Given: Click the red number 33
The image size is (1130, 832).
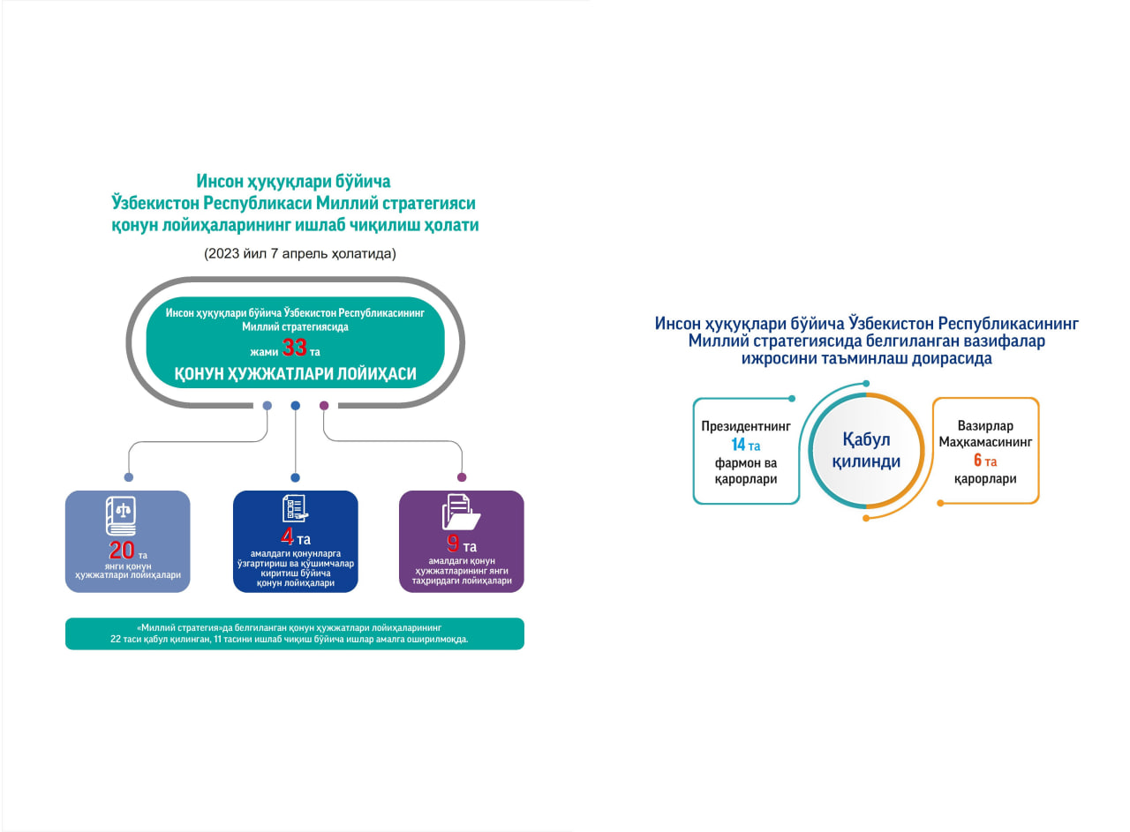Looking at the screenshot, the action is tap(294, 348).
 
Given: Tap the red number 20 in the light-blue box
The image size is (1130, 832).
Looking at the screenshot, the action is tap(122, 551).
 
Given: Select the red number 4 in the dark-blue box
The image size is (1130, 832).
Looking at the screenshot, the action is tap(287, 536).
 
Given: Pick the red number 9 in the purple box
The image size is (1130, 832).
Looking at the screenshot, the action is tap(453, 543).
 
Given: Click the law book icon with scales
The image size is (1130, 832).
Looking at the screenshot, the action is tap(121, 516).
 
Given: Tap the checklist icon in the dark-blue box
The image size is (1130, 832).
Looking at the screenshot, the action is tap(295, 508).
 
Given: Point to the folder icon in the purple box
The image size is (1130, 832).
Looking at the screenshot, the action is tap(461, 512).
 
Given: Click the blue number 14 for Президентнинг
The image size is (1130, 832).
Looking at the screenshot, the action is tap(738, 445).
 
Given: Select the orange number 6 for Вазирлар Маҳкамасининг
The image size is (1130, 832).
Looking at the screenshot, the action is tap(977, 460).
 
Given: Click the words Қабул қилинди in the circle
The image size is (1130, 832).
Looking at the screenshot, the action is tap(866, 450).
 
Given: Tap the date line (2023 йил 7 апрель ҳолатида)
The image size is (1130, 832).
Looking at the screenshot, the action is tap(299, 253).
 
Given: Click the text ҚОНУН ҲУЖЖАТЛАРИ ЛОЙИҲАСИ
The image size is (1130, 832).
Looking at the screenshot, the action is tap(295, 373).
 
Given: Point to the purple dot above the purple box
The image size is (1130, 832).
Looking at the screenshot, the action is tap(462, 477).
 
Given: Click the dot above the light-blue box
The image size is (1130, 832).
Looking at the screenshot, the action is tap(129, 477).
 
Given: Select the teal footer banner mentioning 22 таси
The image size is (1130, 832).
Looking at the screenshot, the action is tap(295, 633).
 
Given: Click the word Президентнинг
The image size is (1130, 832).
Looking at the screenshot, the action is tap(746, 427).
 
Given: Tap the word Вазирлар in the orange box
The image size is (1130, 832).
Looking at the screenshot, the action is tap(985, 426).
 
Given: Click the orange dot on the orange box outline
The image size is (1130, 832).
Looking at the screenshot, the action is tap(940, 503).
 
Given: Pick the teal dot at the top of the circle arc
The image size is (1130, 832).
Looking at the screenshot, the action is tap(866, 384).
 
